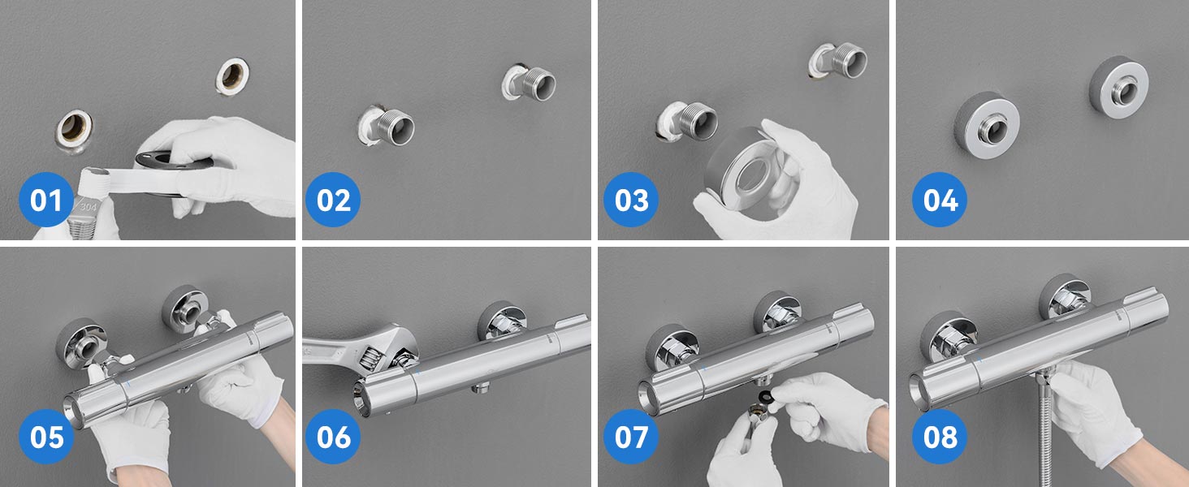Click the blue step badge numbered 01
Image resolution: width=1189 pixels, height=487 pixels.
46,200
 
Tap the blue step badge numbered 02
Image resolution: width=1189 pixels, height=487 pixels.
333,200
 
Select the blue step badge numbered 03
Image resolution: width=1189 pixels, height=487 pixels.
631,200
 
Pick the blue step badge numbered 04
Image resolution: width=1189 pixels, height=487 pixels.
940,200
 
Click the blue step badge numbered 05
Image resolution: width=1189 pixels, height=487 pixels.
46,437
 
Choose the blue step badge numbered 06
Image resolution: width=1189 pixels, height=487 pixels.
333,437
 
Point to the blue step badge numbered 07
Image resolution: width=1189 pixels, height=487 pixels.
631,437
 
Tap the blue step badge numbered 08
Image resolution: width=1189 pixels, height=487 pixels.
940,437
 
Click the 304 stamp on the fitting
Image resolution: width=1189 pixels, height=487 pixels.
88,207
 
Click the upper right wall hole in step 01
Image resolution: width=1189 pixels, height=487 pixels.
232,76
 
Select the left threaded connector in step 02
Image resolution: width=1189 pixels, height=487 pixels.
390,125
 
